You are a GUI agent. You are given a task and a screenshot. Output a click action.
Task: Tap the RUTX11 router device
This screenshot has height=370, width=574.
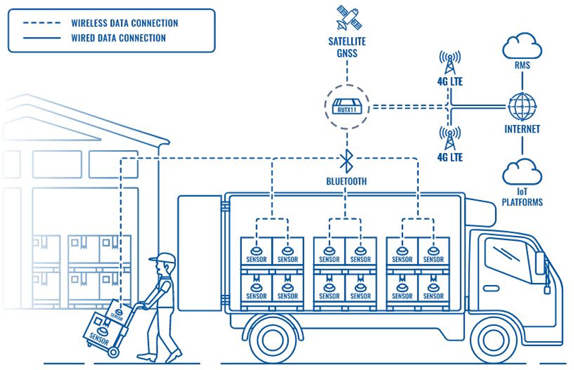pyautogui.click(x=345, y=107)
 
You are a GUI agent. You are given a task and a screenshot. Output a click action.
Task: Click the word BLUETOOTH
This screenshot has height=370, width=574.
pyautogui.click(x=345, y=181)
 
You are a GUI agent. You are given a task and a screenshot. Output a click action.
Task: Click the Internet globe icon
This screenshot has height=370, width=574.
pyautogui.click(x=522, y=107)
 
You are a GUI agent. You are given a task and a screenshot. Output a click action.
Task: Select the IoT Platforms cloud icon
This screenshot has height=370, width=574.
pyautogui.click(x=522, y=172)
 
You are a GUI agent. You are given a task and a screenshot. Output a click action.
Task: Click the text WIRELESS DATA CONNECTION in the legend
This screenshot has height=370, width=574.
pyautogui.click(x=124, y=23)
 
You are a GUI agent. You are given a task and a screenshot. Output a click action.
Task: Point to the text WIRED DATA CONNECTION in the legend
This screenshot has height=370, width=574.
pyautogui.click(x=119, y=38)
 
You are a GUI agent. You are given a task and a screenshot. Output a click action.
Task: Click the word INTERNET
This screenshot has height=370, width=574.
pyautogui.click(x=522, y=130)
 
